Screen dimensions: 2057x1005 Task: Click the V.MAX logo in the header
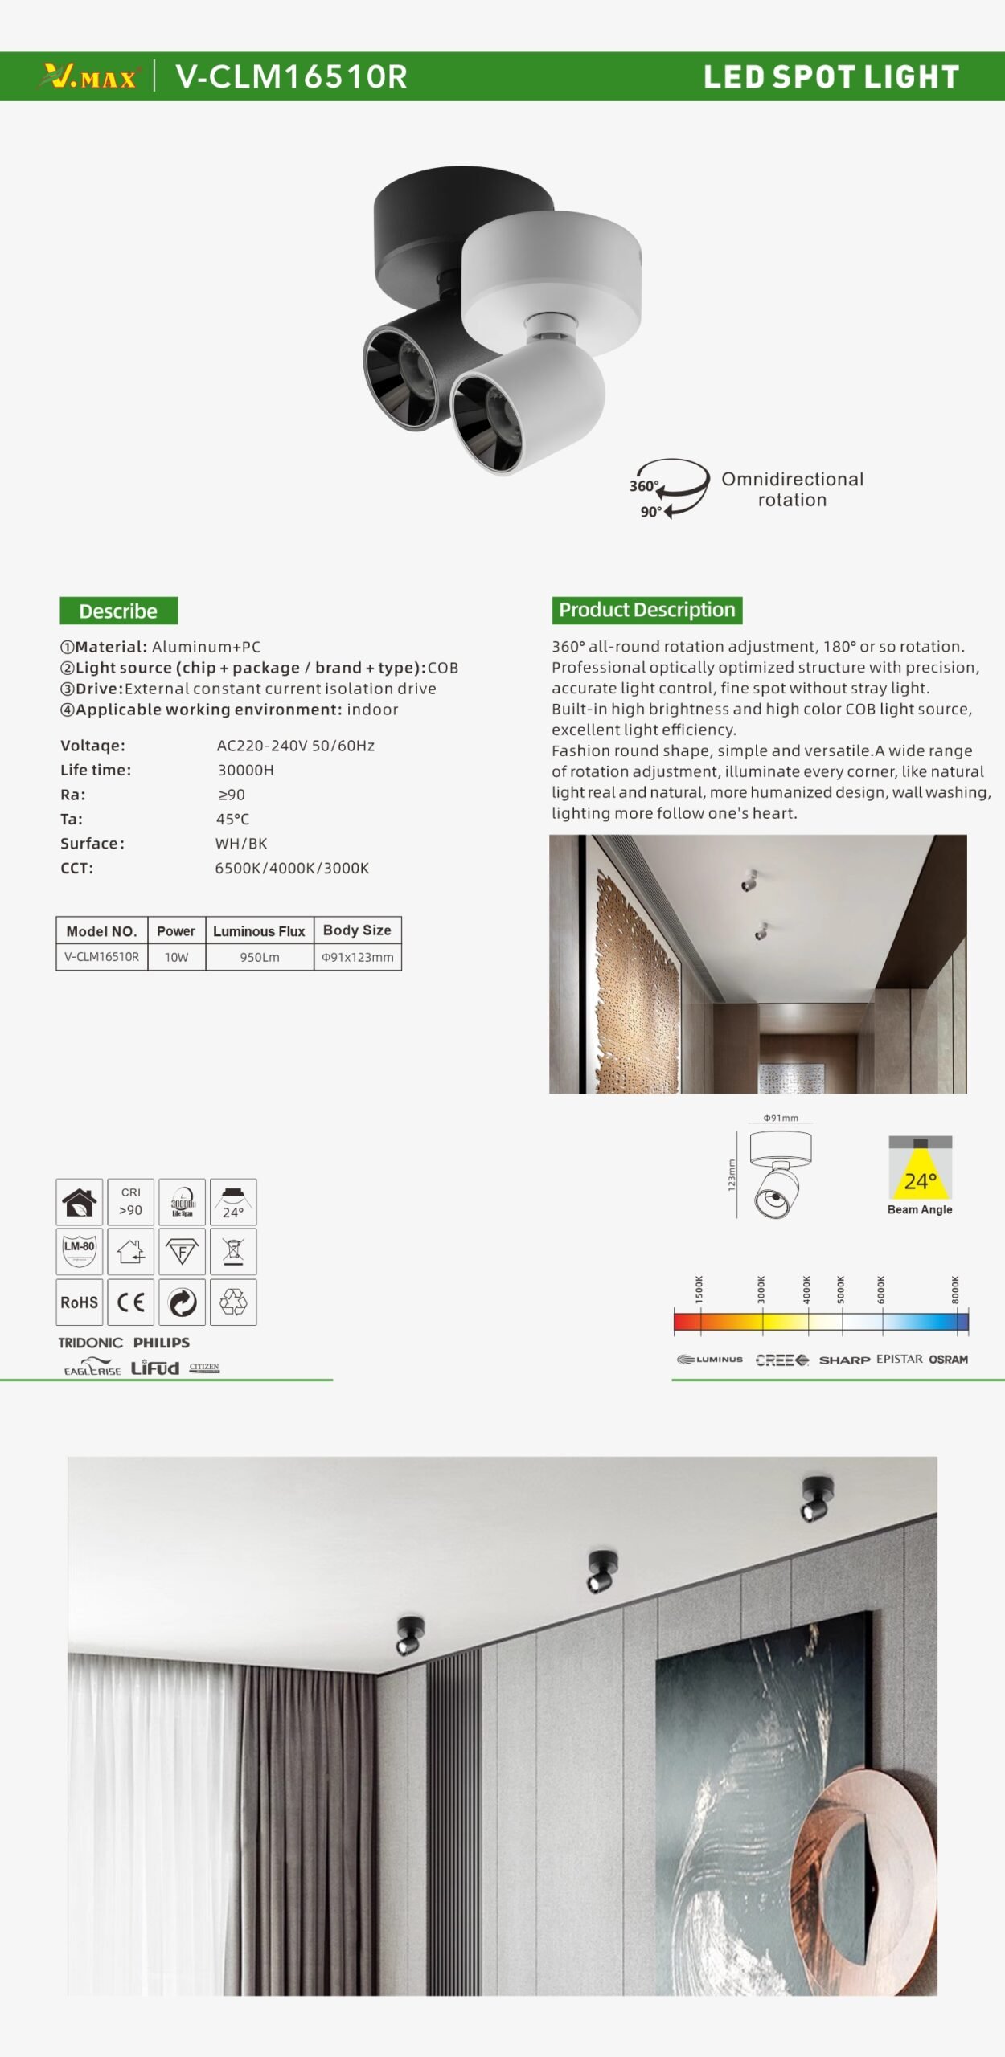(x=88, y=77)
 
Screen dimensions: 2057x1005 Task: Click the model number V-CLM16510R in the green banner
(x=291, y=77)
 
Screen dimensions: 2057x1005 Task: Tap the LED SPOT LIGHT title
(x=831, y=77)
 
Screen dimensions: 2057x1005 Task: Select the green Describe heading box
(x=118, y=611)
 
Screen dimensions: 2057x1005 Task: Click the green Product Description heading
(x=646, y=610)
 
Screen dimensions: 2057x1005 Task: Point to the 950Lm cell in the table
(x=259, y=957)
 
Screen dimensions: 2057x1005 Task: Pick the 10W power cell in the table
(x=176, y=957)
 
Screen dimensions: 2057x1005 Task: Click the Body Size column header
(x=357, y=930)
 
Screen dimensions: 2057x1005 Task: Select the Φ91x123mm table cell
(x=357, y=957)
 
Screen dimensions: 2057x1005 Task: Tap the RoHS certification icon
(x=79, y=1302)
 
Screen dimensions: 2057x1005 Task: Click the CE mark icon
(x=130, y=1302)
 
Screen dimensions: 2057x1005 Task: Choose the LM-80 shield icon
(x=79, y=1250)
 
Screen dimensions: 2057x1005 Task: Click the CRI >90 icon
(x=130, y=1201)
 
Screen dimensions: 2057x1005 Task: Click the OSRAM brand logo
(x=948, y=1360)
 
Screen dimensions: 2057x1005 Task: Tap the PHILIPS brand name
(x=162, y=1343)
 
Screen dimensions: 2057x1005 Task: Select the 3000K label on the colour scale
(x=761, y=1290)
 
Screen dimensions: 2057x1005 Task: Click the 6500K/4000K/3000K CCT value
(x=292, y=868)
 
